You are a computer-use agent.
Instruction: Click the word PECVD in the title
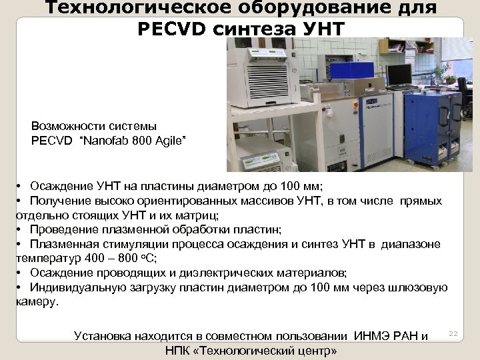point(171,29)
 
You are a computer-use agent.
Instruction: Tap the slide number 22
point(455,333)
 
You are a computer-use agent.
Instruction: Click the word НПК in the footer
point(178,351)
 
